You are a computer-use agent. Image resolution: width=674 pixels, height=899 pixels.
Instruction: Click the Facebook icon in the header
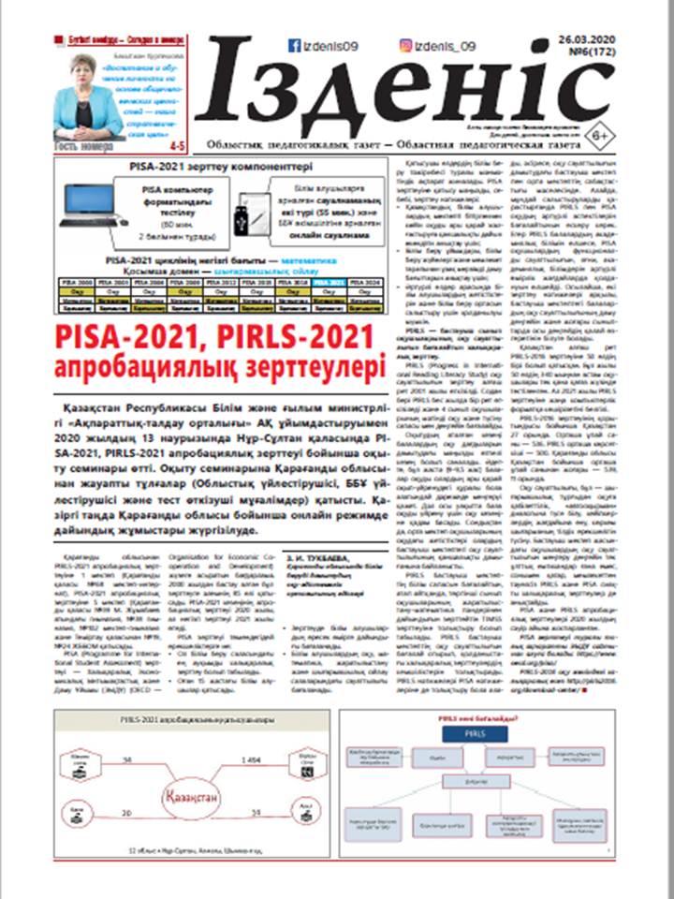(293, 46)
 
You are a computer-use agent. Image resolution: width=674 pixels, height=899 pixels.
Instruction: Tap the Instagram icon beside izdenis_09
(406, 45)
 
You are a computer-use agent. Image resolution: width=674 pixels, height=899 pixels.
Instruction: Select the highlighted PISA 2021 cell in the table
(328, 280)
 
